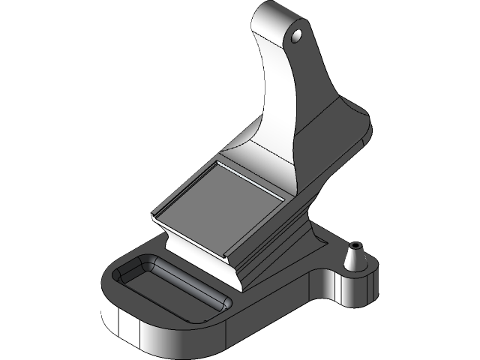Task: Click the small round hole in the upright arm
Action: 297,34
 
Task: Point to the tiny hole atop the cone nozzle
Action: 356,244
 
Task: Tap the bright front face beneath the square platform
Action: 202,259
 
